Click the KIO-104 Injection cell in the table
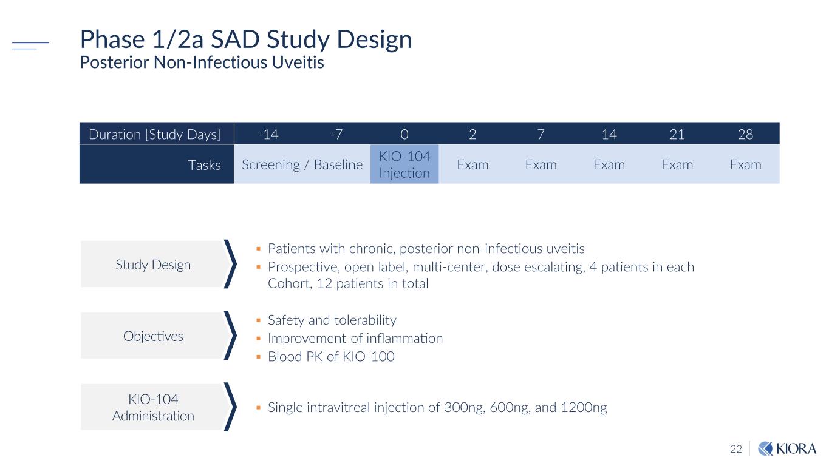(x=404, y=164)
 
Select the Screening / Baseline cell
(x=302, y=164)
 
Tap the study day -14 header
(x=268, y=134)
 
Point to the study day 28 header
(x=745, y=134)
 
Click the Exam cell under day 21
(x=677, y=164)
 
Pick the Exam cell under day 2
(x=472, y=164)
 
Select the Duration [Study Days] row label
(x=155, y=134)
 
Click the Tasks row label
(x=205, y=165)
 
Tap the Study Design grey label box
(x=153, y=265)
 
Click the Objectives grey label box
(x=153, y=336)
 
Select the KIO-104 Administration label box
(x=153, y=408)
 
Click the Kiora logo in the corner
(x=788, y=448)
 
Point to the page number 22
(x=736, y=449)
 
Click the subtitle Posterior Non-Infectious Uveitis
(x=202, y=62)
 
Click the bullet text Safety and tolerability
(x=332, y=320)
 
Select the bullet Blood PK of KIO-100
(x=331, y=356)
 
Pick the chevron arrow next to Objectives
(x=230, y=336)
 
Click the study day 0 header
(x=404, y=134)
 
